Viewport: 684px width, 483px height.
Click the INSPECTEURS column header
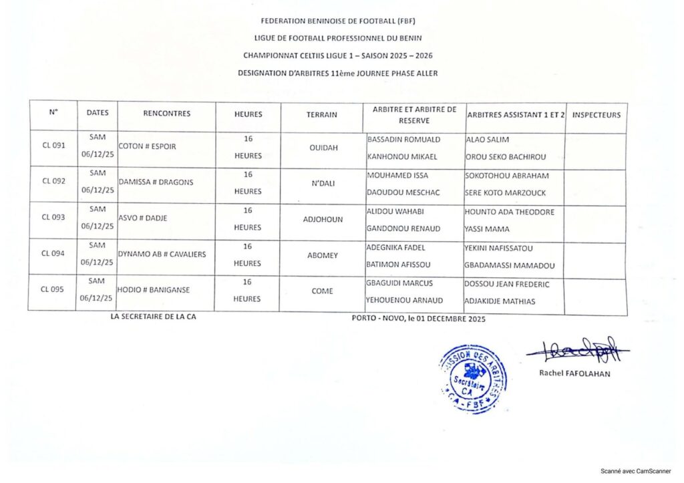596,115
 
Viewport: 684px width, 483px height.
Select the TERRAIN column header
321,115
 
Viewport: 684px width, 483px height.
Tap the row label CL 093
53,217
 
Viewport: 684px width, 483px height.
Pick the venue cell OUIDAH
322,150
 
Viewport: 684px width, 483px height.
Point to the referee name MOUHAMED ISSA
397,176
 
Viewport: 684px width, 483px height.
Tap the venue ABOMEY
322,255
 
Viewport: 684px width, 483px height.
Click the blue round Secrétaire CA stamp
473,378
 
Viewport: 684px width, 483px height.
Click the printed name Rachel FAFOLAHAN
574,373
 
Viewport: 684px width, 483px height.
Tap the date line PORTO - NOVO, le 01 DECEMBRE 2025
418,319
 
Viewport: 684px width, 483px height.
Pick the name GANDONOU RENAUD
403,228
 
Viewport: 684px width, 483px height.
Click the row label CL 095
53,289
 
